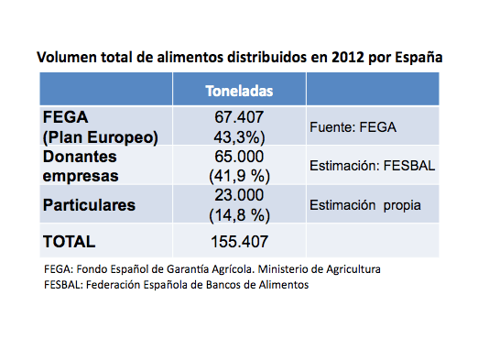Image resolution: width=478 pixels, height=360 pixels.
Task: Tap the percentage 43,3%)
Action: [239, 136]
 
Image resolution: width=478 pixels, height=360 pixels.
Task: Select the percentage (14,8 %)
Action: [239, 215]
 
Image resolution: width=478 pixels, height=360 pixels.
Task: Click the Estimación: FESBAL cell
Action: [372, 167]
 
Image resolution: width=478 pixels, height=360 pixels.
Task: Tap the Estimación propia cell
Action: [365, 205]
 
